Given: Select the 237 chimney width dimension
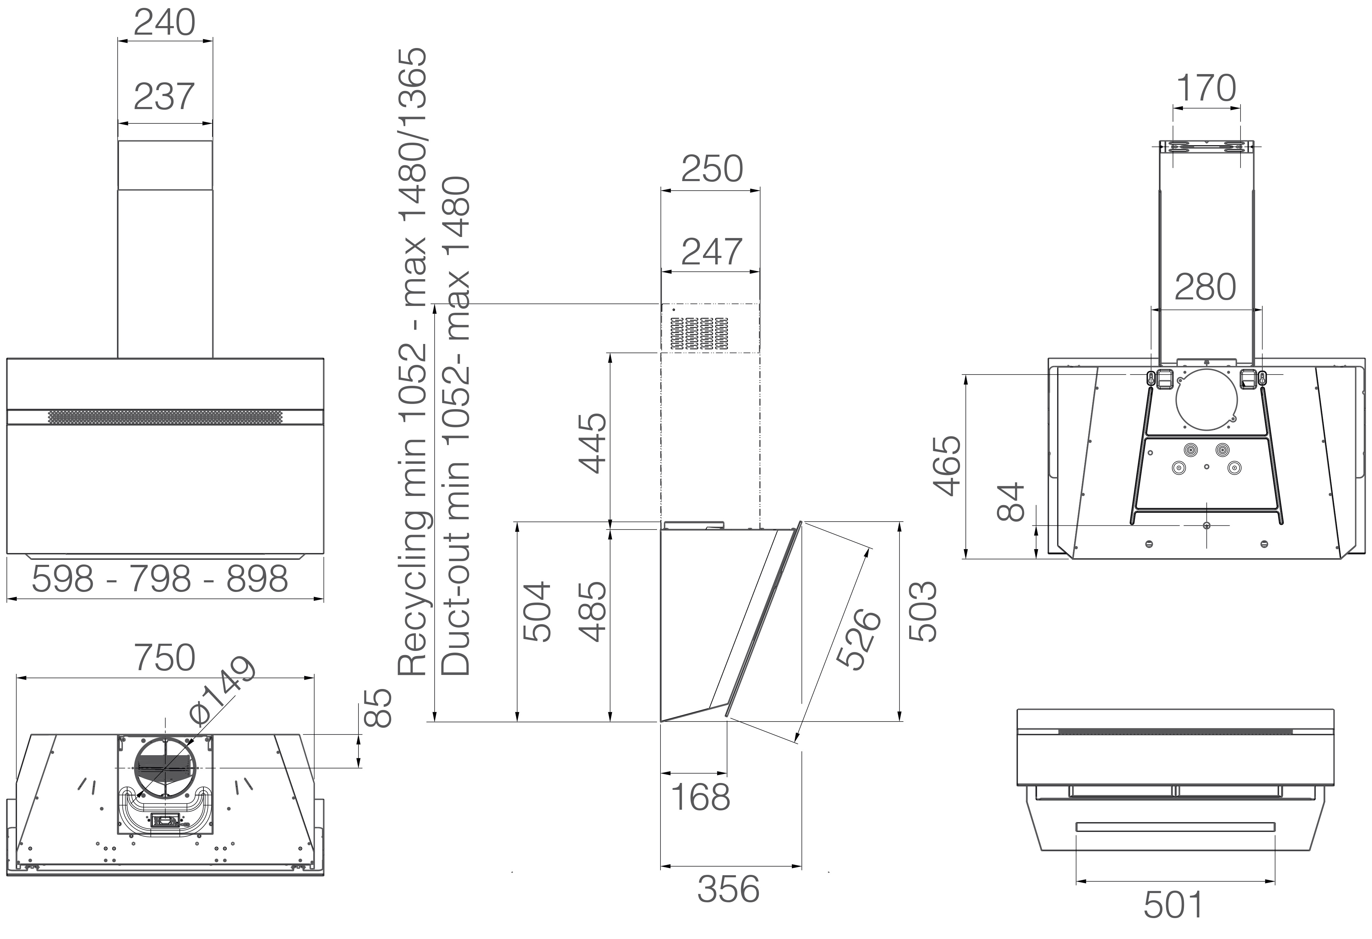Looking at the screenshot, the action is click(164, 97).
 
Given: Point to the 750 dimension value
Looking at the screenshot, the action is click(165, 657).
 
